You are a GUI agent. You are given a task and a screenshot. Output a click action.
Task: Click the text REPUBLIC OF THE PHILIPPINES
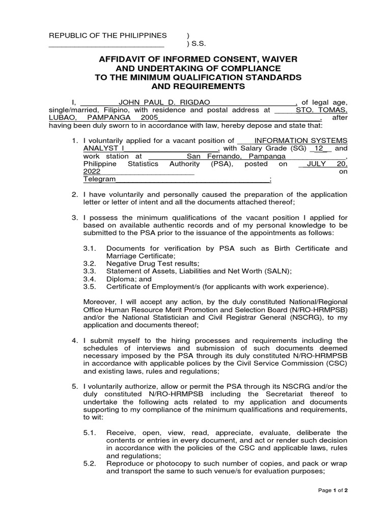107,35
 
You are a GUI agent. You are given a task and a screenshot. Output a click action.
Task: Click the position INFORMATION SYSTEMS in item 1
301,140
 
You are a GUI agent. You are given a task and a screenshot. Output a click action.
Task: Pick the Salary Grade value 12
319,149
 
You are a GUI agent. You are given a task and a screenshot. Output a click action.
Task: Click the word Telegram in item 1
100,180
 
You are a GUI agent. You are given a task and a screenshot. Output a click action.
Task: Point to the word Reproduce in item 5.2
125,464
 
